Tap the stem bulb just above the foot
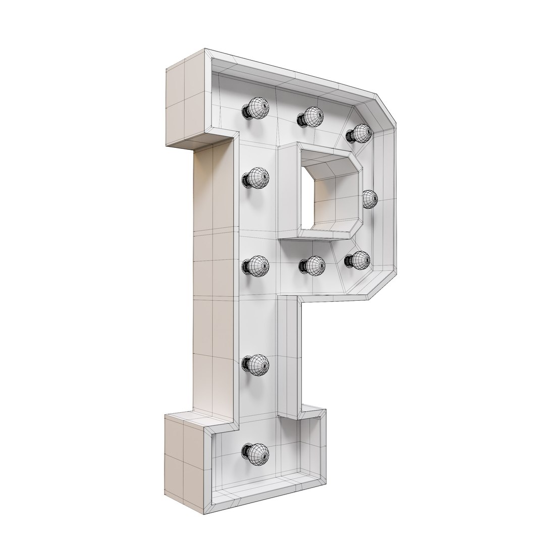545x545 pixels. click(256, 364)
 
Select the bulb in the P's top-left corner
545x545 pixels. click(256, 107)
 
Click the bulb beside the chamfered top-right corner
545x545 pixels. click(360, 133)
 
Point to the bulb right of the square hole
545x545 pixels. click(370, 199)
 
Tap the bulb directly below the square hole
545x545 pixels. click(313, 265)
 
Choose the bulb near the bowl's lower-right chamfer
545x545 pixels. click(359, 260)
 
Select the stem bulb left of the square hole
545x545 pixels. click(256, 178)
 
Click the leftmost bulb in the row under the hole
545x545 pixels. click(256, 265)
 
